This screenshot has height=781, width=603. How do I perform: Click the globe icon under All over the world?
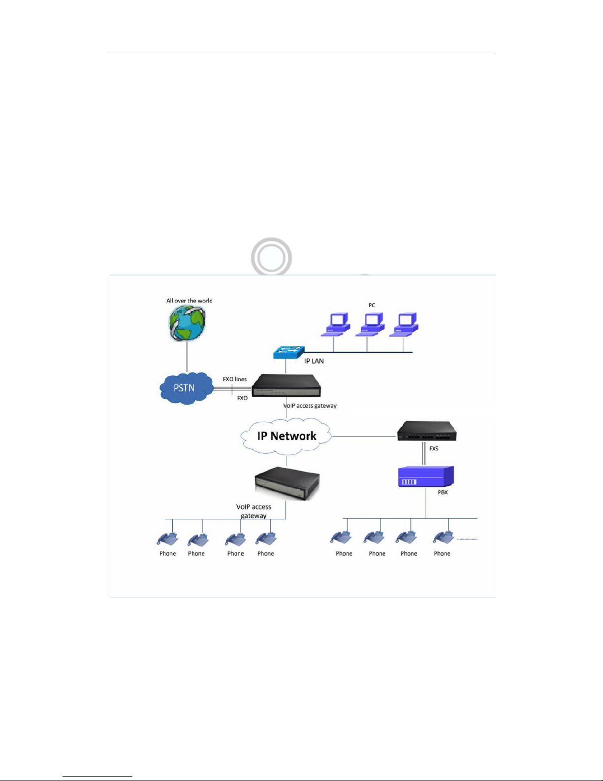(x=188, y=323)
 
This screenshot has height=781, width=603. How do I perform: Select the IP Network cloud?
(x=286, y=436)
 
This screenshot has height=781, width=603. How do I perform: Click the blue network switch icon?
(x=289, y=352)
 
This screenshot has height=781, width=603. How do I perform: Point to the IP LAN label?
(x=314, y=361)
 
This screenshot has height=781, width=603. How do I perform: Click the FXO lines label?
(x=235, y=379)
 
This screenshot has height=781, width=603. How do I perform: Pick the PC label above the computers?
(x=372, y=305)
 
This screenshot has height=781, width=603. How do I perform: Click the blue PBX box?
(x=426, y=476)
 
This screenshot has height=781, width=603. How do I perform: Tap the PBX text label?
(x=443, y=492)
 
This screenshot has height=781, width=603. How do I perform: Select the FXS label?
(x=434, y=448)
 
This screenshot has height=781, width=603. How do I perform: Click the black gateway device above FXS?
(x=427, y=431)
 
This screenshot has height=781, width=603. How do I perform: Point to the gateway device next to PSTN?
(x=286, y=385)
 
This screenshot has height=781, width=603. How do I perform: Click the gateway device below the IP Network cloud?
(x=287, y=483)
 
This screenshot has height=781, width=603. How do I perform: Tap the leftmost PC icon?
(x=336, y=324)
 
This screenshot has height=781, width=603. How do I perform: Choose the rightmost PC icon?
(x=404, y=324)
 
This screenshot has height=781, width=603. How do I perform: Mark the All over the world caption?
(x=189, y=301)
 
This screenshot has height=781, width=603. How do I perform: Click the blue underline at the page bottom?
(x=97, y=777)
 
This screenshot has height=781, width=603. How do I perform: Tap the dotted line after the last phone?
(x=467, y=539)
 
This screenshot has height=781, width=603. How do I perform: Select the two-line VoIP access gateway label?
(x=254, y=511)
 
